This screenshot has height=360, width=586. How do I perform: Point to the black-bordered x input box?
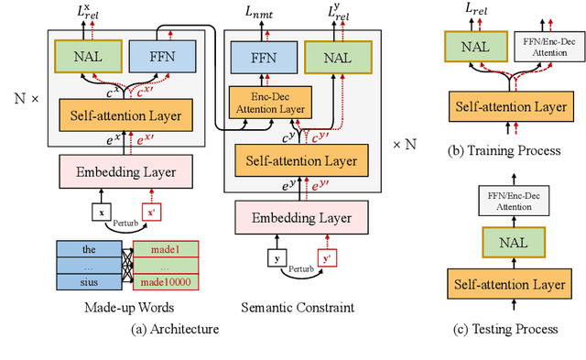pos(100,213)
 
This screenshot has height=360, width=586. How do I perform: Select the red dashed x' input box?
pos(152,213)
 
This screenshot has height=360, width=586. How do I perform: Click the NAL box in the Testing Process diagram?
pos(508,241)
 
